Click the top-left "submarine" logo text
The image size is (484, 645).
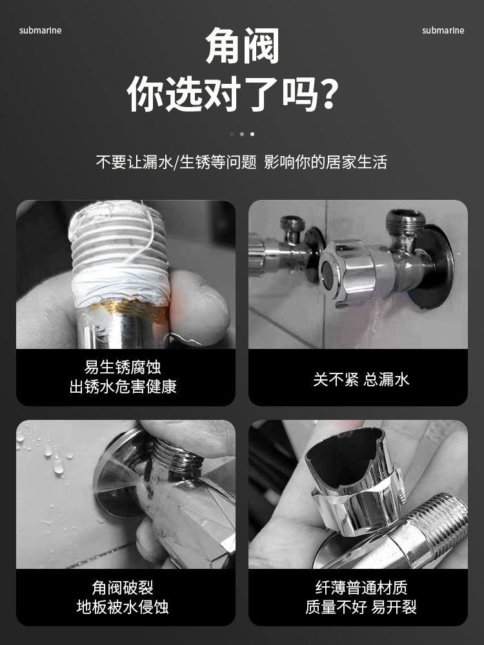40,30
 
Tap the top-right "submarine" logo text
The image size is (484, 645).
443,30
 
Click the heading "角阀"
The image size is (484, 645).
242,46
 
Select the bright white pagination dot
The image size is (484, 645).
252,134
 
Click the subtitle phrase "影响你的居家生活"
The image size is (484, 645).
325,162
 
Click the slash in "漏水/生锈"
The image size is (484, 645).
177,163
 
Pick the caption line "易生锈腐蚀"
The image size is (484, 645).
123,368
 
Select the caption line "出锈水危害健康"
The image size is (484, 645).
123,386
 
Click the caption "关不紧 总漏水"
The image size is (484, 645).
361,379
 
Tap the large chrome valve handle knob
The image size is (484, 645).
351,272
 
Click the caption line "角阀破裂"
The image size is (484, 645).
123,588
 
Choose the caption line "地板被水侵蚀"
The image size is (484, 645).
123,607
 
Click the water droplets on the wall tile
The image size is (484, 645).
50,457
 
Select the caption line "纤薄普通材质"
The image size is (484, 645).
361,588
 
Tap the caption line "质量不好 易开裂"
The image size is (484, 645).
361,607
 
